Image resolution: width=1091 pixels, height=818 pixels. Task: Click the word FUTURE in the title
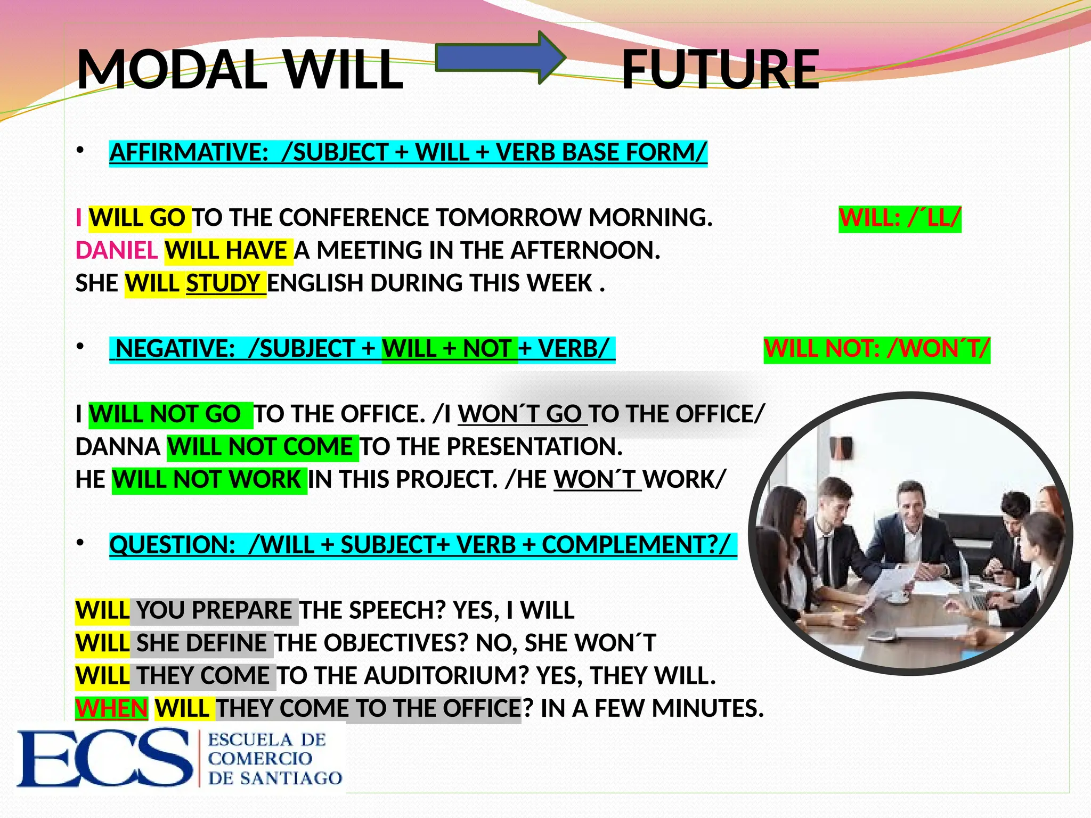(720, 70)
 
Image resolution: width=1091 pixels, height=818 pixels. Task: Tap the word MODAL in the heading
(172, 70)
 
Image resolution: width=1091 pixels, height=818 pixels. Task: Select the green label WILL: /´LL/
(900, 218)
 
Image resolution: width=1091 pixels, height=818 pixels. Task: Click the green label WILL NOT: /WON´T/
(877, 349)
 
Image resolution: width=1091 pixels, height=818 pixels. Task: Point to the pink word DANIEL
(117, 250)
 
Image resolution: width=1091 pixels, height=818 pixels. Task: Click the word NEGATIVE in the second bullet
(175, 349)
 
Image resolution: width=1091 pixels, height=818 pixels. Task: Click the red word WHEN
(111, 709)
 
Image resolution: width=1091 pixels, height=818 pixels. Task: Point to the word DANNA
(118, 447)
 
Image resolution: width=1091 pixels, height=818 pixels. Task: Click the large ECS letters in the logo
(104, 758)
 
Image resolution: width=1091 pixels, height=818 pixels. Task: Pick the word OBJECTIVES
(395, 643)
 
